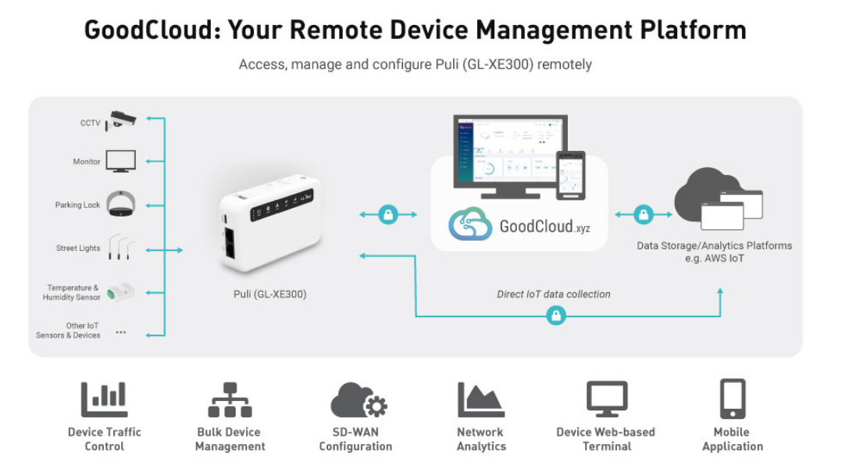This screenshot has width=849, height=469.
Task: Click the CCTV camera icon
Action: (123, 119)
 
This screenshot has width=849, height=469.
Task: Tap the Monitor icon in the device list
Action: (121, 161)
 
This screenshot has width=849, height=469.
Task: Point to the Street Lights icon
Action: (120, 246)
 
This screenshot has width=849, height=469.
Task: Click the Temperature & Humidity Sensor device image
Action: (121, 292)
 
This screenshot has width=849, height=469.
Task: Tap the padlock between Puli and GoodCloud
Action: (388, 214)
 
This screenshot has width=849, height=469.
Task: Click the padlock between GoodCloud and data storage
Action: (643, 214)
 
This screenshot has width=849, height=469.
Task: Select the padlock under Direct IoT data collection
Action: (555, 316)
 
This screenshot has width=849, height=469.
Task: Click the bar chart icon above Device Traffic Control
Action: (104, 399)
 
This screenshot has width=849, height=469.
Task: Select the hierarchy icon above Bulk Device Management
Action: (230, 399)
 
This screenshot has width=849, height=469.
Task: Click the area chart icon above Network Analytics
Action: (480, 399)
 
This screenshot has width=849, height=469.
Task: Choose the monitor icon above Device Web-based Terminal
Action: (607, 399)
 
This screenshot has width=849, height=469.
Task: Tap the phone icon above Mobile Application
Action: (732, 399)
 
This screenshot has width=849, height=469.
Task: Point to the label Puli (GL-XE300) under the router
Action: (269, 295)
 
